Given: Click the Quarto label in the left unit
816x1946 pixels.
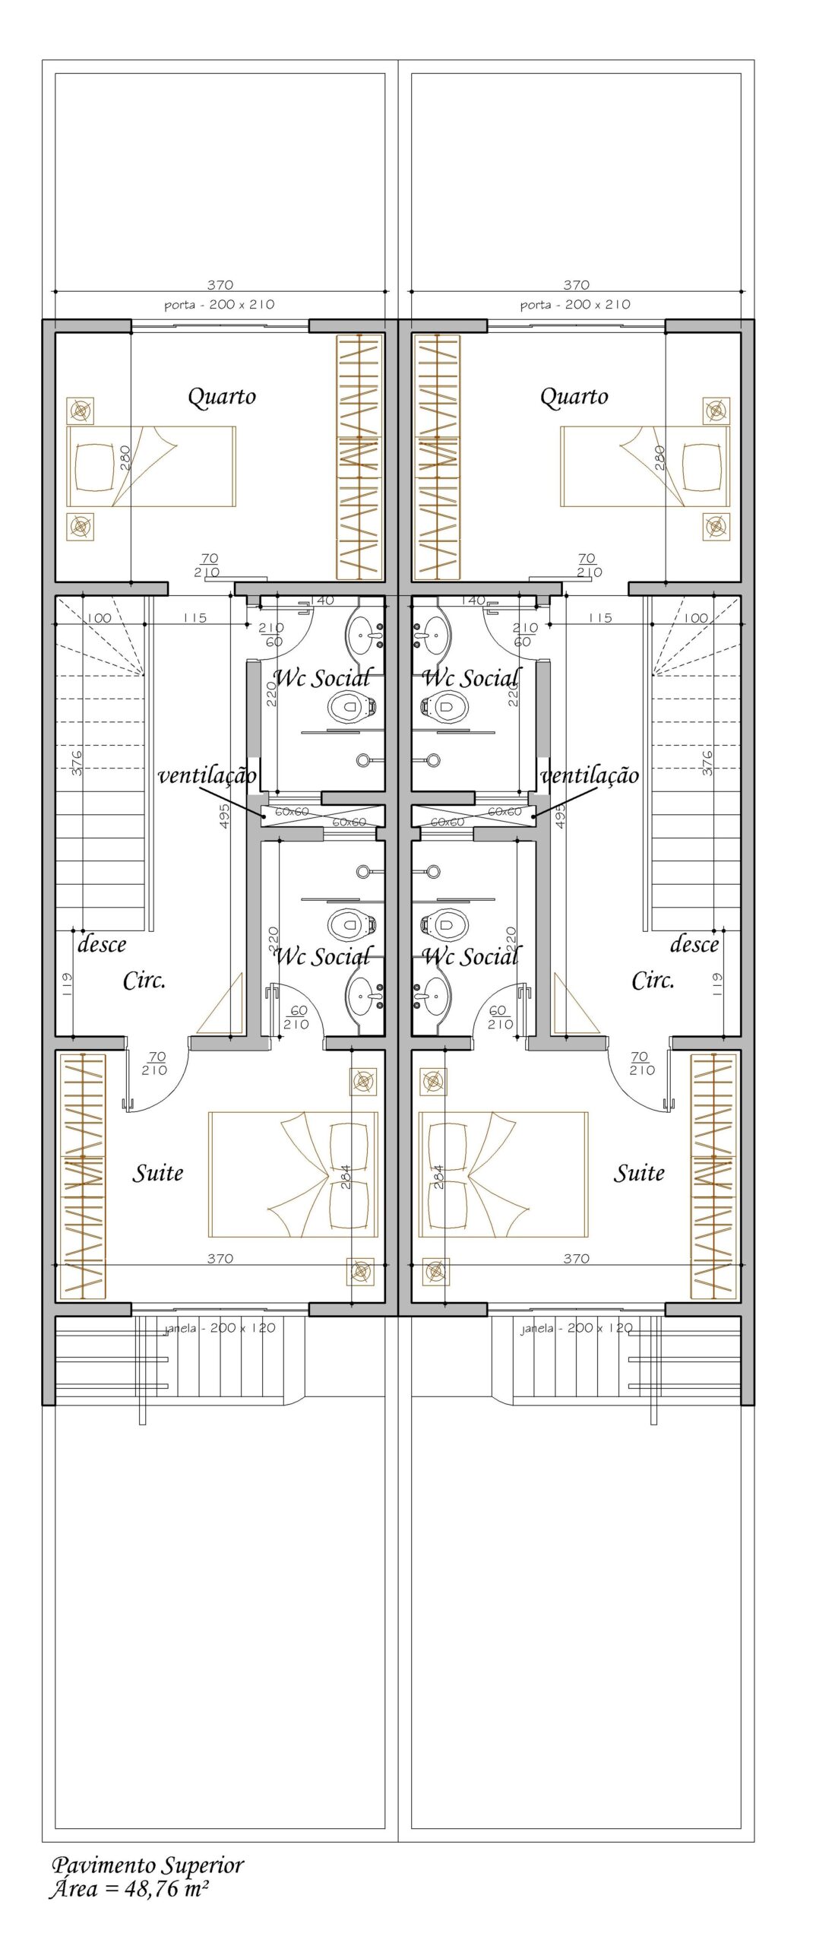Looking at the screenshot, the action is [222, 397].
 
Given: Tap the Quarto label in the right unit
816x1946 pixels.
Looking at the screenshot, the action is [574, 397].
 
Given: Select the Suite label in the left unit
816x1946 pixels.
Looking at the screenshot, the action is [158, 1173].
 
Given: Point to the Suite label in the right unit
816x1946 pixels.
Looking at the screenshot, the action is [639, 1173].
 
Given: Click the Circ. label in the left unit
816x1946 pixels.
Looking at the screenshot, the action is [144, 981].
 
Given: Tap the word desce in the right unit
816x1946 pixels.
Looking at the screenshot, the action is [694, 945].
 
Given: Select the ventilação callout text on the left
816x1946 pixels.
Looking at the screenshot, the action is [207, 775].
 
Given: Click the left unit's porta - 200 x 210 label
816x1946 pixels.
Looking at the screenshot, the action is [220, 305].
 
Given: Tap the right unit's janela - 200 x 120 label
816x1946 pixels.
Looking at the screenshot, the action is [577, 1328].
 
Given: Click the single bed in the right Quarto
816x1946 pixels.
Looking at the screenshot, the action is [645, 466].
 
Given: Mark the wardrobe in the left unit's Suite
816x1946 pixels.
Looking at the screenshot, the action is [82, 1176].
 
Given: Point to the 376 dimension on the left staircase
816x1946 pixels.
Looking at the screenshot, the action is [76, 762].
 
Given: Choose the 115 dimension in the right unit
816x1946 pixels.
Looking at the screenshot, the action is [600, 618].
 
